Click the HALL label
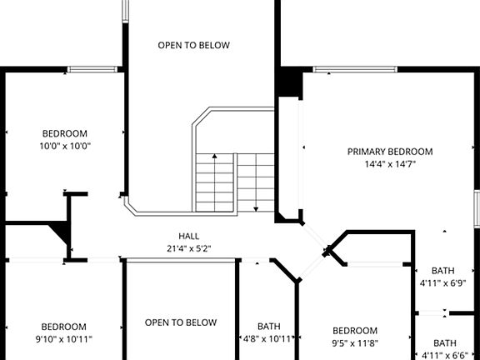[x=188, y=236]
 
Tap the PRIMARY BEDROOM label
[x=390, y=152]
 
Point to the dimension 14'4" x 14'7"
[x=390, y=164]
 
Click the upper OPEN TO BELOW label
[x=193, y=45]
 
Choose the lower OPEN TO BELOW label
[x=181, y=322]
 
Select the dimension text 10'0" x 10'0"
[x=65, y=146]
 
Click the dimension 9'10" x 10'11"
[x=64, y=339]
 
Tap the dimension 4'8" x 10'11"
[x=268, y=339]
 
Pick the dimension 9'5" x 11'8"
[x=355, y=341]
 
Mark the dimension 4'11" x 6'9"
[x=442, y=283]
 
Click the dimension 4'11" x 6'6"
[x=443, y=355]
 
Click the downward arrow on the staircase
[x=256, y=207]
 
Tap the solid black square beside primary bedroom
[x=289, y=82]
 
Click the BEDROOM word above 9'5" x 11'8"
[x=355, y=330]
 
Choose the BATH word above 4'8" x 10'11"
[x=268, y=327]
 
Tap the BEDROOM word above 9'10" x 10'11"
[x=64, y=327]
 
